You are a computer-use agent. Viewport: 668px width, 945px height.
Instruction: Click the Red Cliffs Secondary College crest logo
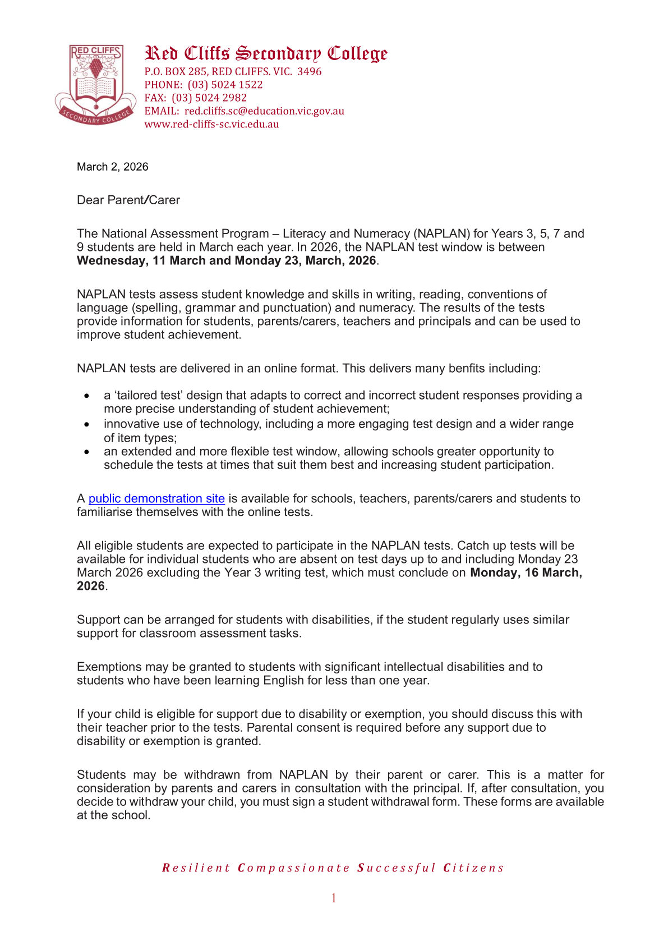(x=95, y=84)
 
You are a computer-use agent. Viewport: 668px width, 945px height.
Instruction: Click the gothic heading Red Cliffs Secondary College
(x=266, y=53)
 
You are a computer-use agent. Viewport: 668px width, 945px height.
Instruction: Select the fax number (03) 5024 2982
(x=209, y=98)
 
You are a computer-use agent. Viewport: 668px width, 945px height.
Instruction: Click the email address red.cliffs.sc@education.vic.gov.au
(x=264, y=111)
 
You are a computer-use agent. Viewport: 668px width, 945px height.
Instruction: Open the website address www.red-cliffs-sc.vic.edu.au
(x=211, y=124)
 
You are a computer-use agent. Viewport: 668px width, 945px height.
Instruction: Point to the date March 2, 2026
(x=112, y=167)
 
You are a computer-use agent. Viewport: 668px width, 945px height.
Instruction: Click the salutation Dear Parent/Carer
(x=128, y=200)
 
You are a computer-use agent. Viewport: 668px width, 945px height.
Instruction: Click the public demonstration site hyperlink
(x=156, y=498)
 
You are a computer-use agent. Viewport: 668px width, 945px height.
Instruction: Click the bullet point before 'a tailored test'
(x=87, y=396)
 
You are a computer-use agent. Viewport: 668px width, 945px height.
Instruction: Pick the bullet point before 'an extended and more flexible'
(x=87, y=452)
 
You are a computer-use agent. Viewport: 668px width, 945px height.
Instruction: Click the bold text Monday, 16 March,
(x=526, y=572)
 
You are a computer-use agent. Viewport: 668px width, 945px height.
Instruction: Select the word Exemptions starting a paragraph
(x=109, y=667)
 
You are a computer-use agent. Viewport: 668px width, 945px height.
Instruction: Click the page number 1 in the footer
(x=334, y=898)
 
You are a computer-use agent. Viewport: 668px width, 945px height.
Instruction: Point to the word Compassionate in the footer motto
(x=294, y=868)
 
